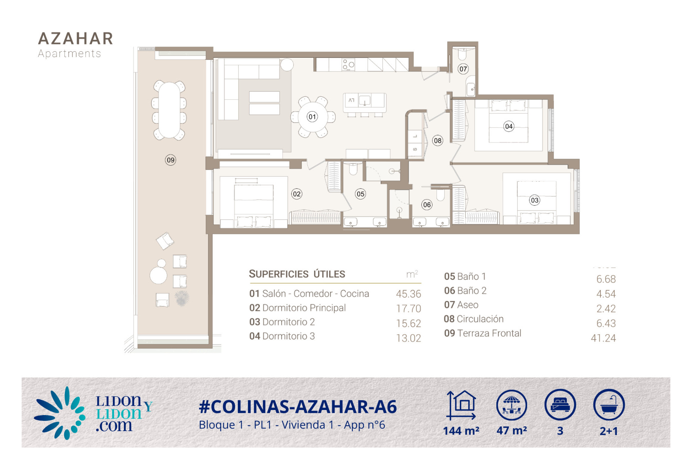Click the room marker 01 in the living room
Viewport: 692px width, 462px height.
point(312,117)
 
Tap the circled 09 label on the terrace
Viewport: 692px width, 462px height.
point(170,160)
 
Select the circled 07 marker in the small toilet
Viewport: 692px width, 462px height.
point(463,69)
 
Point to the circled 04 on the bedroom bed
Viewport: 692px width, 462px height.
point(509,126)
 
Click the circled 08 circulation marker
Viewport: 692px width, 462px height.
point(438,140)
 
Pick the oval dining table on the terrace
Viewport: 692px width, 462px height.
point(169,110)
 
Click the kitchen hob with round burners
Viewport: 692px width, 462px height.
point(348,64)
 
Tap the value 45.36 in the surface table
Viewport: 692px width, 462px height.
point(408,294)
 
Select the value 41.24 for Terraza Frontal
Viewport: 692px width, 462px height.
point(603,338)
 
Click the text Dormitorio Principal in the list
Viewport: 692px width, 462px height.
point(304,308)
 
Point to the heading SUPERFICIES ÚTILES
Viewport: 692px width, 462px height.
point(297,274)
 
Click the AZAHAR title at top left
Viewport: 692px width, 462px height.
point(76,39)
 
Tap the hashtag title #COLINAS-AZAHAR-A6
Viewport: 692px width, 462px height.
point(298,407)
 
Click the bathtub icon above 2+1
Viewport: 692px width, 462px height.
point(609,405)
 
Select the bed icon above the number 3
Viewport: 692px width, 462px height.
point(560,405)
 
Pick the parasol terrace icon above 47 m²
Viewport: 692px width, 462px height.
point(511,405)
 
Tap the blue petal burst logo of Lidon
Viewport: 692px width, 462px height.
point(60,413)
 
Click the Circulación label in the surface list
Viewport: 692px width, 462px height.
point(480,319)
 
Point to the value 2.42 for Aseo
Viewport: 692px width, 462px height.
point(606,309)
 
